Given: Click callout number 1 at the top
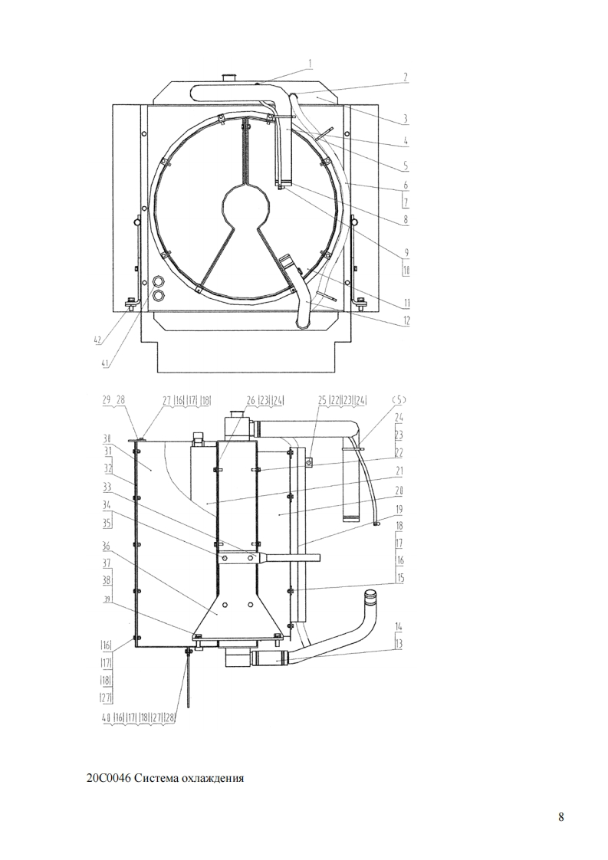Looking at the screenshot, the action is [x=310, y=64].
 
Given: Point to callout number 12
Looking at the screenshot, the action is [x=406, y=321].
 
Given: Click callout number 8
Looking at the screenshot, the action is [x=406, y=219].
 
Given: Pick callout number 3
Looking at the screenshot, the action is [x=406, y=118].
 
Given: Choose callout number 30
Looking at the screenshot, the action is [x=107, y=438].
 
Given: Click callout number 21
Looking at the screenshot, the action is [x=399, y=471].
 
